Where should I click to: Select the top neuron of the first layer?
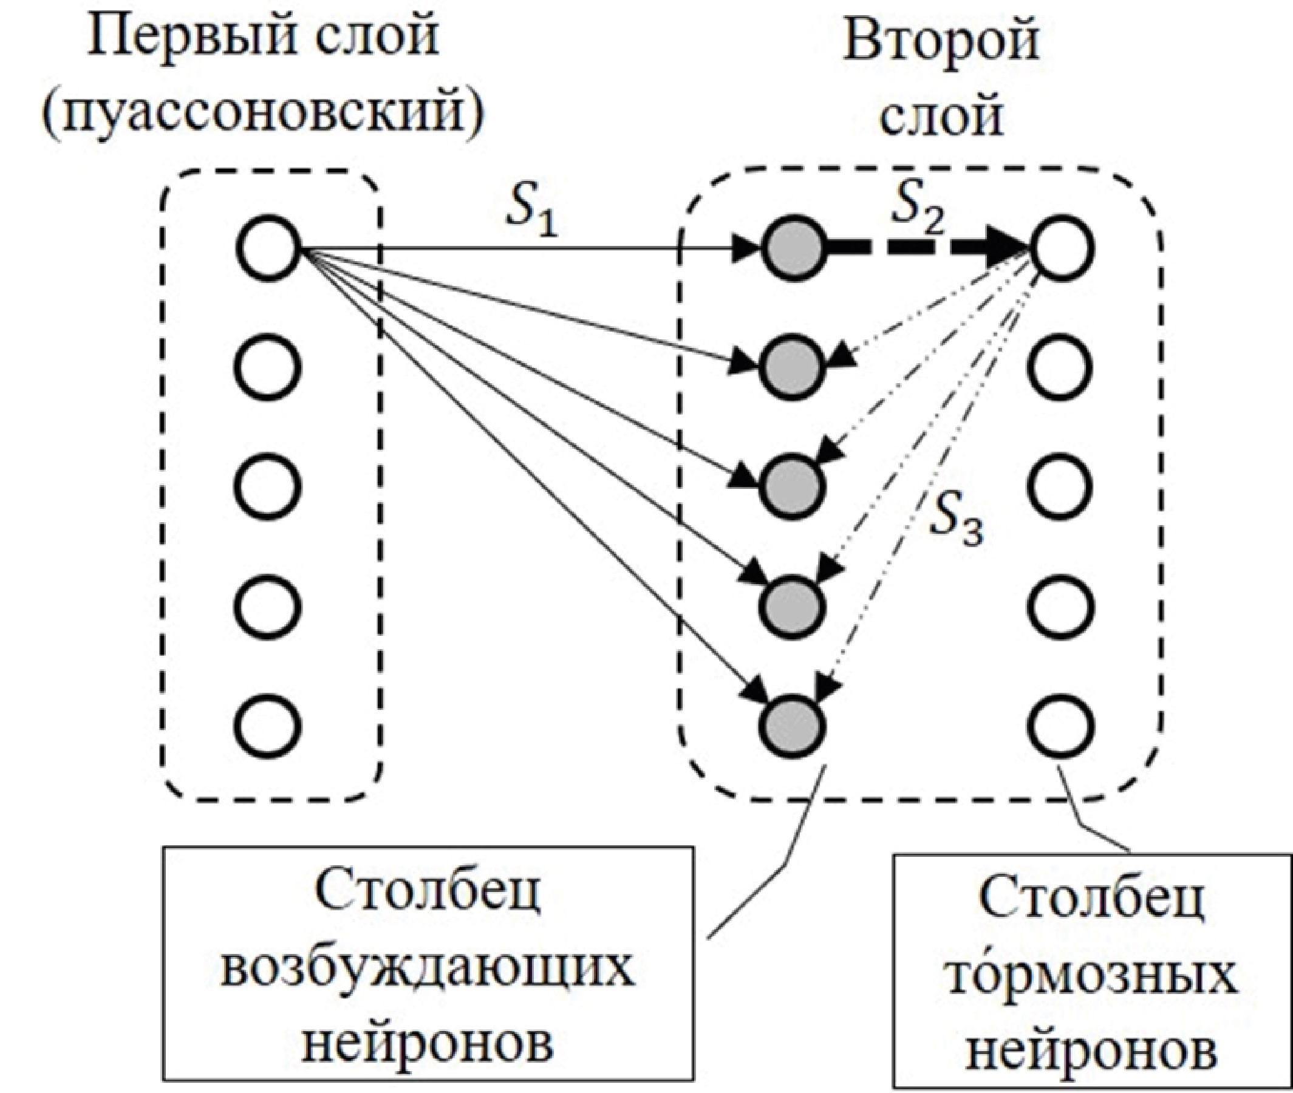tap(268, 248)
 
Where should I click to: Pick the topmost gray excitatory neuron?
tap(793, 249)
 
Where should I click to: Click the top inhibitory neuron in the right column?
tap(1060, 249)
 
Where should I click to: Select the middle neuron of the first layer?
tap(268, 487)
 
